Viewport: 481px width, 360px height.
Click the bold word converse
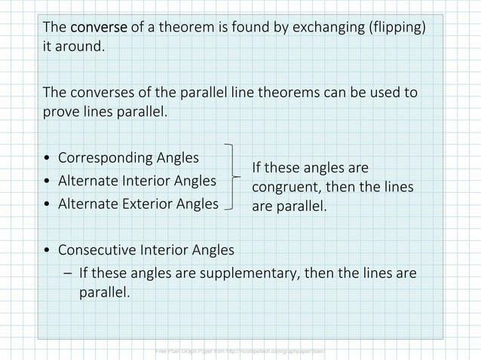point(99,28)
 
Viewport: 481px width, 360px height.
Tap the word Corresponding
point(106,159)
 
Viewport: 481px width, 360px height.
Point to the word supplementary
point(246,272)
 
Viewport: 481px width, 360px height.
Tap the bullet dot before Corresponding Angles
point(48,160)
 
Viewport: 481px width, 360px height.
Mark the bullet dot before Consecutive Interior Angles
point(48,250)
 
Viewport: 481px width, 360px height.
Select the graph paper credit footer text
point(240,352)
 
